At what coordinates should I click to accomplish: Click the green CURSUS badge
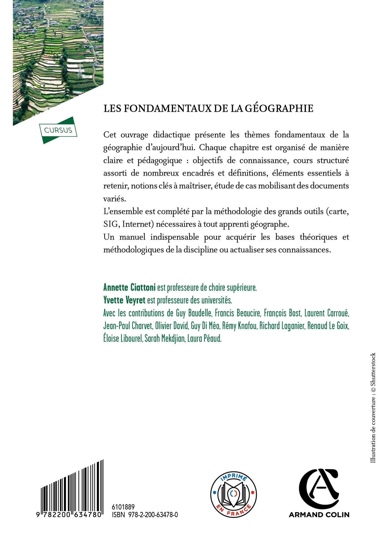pyautogui.click(x=58, y=130)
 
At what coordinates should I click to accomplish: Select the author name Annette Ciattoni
pyautogui.click(x=129, y=287)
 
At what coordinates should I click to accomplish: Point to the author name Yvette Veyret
pyautogui.click(x=124, y=300)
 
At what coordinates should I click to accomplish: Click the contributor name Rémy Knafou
pyautogui.click(x=239, y=326)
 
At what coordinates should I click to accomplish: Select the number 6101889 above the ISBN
pyautogui.click(x=123, y=507)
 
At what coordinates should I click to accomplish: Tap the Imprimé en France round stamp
pyautogui.click(x=233, y=494)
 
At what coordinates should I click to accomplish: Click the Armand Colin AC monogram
pyautogui.click(x=319, y=489)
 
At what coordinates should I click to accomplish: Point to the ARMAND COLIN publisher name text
pyautogui.click(x=319, y=515)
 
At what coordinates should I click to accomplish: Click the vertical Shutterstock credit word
pyautogui.click(x=373, y=369)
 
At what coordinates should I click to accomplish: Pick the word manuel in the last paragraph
pyautogui.click(x=132, y=237)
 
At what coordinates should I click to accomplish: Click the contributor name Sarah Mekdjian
pyautogui.click(x=165, y=338)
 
